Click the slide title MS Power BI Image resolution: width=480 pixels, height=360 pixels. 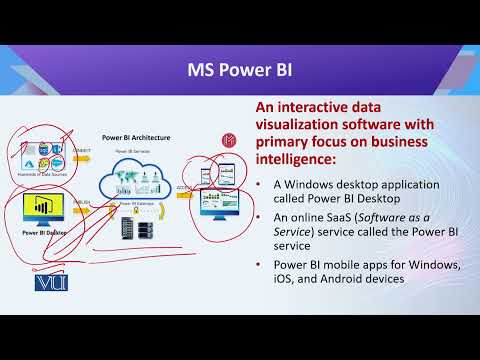240,71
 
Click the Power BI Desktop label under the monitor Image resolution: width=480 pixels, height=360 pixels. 45,233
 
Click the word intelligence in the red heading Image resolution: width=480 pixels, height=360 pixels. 290,159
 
